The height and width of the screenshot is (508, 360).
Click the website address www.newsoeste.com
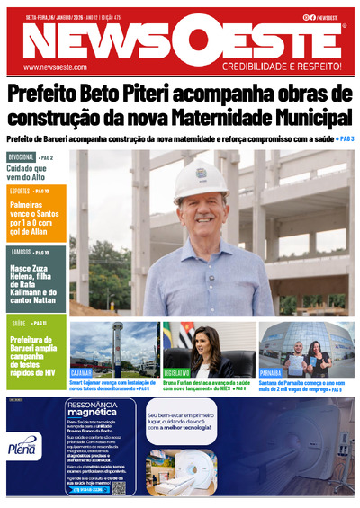(55, 67)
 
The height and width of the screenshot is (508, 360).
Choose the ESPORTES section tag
(20, 192)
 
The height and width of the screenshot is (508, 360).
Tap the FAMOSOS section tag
(20, 254)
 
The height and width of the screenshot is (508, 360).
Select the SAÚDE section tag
(18, 323)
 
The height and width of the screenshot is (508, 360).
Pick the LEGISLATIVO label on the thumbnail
(177, 371)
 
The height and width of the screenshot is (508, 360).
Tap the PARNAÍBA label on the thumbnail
(272, 371)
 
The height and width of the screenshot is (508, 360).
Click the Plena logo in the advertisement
(22, 447)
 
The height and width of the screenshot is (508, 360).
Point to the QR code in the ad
(119, 487)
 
